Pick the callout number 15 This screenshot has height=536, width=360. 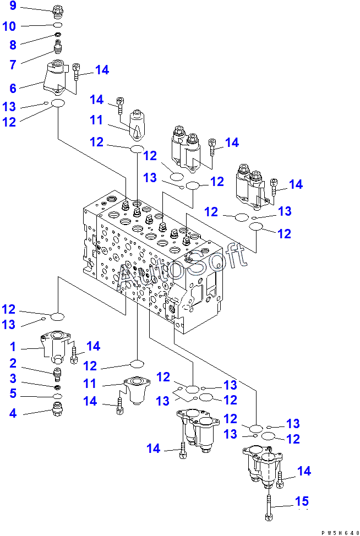(x=302, y=501)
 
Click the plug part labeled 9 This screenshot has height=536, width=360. (x=58, y=10)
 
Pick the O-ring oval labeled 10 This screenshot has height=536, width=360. (x=58, y=25)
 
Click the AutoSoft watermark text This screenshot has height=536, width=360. (x=182, y=267)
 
